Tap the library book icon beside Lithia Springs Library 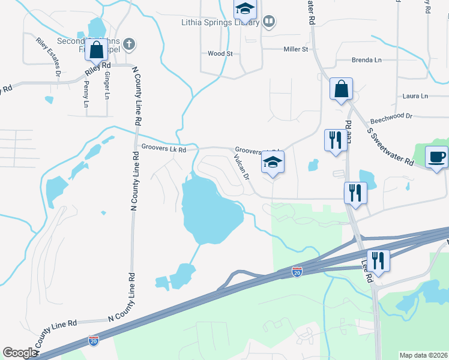[270, 22]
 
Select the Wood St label [220, 53]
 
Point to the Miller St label [295, 49]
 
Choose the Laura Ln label [415, 96]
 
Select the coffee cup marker [436, 157]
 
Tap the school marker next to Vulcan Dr [273, 162]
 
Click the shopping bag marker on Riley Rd [96, 50]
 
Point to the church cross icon [129, 43]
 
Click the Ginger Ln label [107, 86]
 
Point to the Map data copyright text [423, 355]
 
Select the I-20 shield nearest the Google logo [93, 340]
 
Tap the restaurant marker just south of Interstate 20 [378, 260]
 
